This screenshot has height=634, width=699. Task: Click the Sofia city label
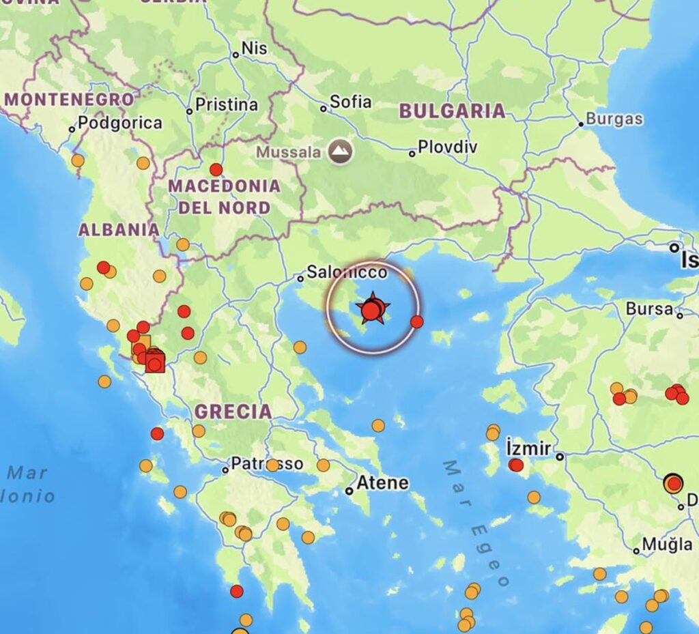(350, 102)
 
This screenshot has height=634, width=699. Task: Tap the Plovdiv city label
(447, 147)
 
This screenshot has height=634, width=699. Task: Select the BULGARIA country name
(452, 111)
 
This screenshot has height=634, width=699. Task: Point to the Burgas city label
(614, 119)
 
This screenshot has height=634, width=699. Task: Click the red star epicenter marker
(372, 310)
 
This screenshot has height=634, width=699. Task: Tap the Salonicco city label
(346, 272)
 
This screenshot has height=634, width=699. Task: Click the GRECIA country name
(233, 412)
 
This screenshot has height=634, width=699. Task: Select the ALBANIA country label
(119, 230)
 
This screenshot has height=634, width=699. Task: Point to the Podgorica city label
(119, 124)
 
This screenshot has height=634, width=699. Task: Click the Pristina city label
(227, 105)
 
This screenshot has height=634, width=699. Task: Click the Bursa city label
(649, 308)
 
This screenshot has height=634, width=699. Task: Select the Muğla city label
(667, 545)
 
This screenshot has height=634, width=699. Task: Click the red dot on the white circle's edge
(417, 321)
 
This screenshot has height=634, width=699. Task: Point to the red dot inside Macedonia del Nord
(216, 169)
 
